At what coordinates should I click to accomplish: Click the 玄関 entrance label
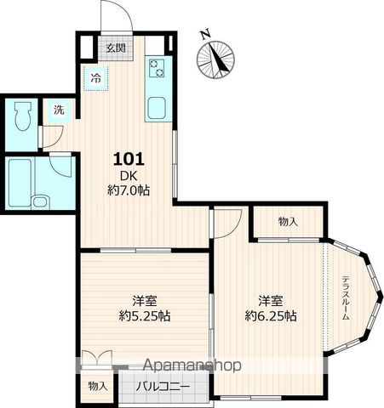tap(116, 48)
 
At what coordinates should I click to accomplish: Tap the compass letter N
tap(205, 34)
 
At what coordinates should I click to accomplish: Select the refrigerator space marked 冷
tap(96, 78)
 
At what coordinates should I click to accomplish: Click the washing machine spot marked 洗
tap(59, 110)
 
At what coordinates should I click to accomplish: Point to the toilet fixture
tap(22, 116)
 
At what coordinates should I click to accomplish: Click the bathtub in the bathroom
tap(20, 183)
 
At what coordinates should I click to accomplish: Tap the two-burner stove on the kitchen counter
tap(157, 68)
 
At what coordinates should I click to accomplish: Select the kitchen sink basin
tap(156, 108)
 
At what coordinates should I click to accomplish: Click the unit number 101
tap(129, 159)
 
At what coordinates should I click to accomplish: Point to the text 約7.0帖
tap(129, 190)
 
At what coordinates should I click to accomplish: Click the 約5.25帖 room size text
tap(145, 315)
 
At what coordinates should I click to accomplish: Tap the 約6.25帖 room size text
tap(271, 315)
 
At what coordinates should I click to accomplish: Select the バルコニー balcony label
tap(163, 387)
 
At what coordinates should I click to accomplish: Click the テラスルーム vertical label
tap(345, 297)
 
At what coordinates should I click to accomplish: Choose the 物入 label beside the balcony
tap(98, 386)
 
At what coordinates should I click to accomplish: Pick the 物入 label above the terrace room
tap(288, 222)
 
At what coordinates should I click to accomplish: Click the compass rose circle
tap(216, 59)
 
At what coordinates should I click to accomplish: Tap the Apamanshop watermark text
tap(192, 365)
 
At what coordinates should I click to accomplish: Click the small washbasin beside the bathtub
tap(41, 202)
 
